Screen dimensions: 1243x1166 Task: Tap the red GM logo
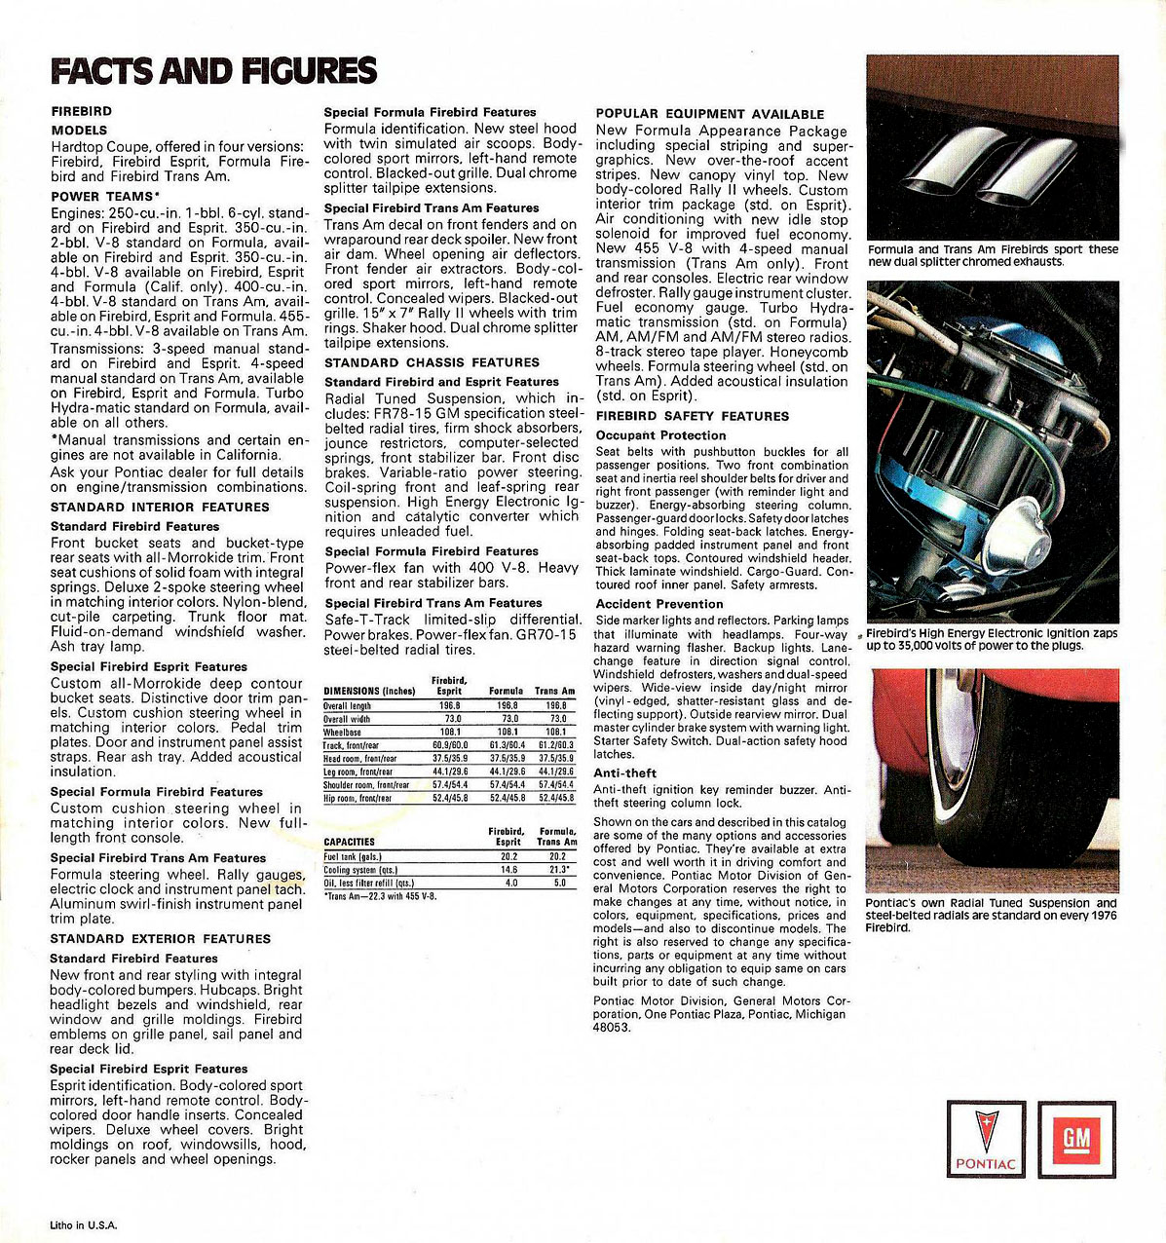point(1076,1139)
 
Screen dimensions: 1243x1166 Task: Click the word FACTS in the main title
point(102,71)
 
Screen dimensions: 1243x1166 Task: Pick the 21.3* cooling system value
point(557,870)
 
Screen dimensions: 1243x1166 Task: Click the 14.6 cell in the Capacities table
point(508,870)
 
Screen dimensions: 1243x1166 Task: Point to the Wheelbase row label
point(343,732)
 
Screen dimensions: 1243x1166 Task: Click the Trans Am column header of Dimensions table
point(555,691)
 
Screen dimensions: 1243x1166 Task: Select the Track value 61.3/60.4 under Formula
point(507,745)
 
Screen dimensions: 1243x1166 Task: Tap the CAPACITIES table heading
point(350,842)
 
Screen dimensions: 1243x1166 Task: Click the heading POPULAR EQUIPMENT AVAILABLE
point(710,114)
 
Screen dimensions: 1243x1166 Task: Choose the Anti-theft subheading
point(625,773)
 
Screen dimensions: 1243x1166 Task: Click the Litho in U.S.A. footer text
point(84,1225)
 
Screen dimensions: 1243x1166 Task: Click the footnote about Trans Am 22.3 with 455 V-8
point(380,896)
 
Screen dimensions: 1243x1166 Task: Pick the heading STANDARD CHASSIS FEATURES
point(418,362)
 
